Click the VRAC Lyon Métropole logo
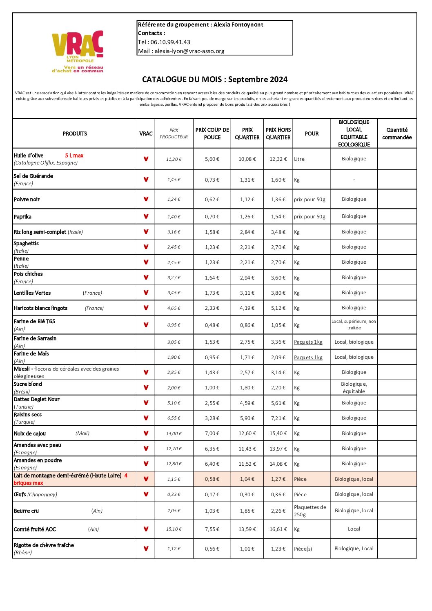[78, 51]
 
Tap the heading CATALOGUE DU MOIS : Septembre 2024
[215, 80]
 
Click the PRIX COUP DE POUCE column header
[212, 133]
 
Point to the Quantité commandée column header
[397, 133]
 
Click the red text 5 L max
[74, 156]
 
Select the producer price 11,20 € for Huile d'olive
[174, 159]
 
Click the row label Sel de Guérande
[33, 176]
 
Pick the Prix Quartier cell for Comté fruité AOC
[247, 529]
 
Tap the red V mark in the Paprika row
[146, 217]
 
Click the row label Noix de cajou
[30, 433]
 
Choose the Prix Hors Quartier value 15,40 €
[278, 433]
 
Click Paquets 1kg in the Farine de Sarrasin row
[308, 342]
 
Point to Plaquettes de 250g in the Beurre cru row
[310, 511]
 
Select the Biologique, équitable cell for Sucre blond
[354, 388]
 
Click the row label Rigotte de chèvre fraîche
[44, 545]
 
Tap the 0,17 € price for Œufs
[212, 495]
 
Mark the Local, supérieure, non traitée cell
[354, 324]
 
